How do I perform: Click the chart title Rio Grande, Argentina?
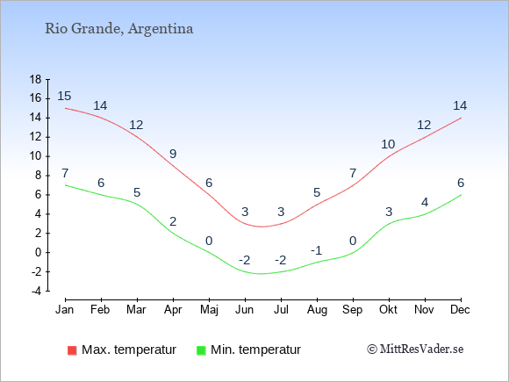119,29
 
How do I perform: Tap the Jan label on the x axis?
65,310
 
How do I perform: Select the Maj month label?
209,310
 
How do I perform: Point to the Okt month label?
388,310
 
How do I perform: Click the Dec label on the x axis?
461,310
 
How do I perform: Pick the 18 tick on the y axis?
35,79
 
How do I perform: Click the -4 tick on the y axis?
36,291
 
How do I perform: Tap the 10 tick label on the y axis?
35,156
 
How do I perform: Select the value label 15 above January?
64,96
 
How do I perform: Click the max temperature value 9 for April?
173,154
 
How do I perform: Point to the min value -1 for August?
316,250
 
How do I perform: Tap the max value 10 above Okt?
388,144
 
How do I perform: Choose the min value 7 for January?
65,174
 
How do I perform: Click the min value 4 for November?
425,202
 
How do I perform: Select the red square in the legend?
72,350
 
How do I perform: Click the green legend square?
201,350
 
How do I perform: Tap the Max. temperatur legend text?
129,350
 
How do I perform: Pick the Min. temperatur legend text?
255,350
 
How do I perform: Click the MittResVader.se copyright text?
415,350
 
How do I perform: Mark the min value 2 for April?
173,221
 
